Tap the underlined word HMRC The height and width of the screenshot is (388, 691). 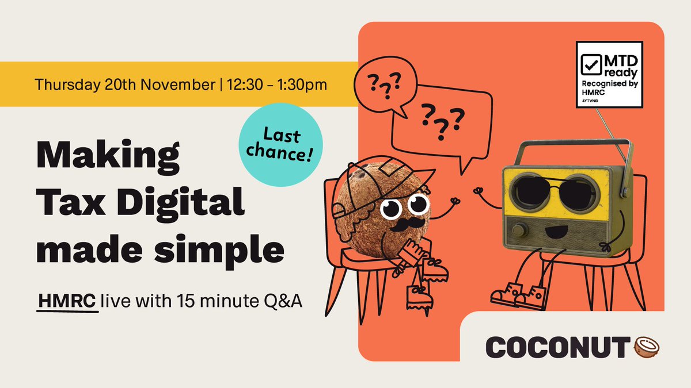67,301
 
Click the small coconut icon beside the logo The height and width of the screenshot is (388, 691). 647,347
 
